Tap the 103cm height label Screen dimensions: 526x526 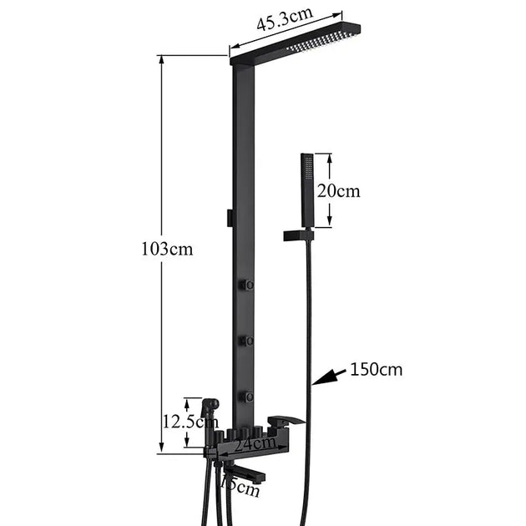(167, 249)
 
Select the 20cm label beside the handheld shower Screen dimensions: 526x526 (338, 191)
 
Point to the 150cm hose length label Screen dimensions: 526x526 (377, 369)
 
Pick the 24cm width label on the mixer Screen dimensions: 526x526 (250, 445)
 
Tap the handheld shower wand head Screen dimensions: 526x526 (306, 180)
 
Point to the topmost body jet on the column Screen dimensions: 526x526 (247, 286)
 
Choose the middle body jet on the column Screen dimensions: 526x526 (247, 341)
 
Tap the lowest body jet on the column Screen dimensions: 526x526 (247, 396)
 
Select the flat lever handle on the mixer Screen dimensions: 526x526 (286, 420)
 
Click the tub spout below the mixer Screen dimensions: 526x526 (245, 475)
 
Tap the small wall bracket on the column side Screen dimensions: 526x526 (228, 216)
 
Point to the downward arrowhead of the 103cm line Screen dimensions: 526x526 (160, 448)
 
